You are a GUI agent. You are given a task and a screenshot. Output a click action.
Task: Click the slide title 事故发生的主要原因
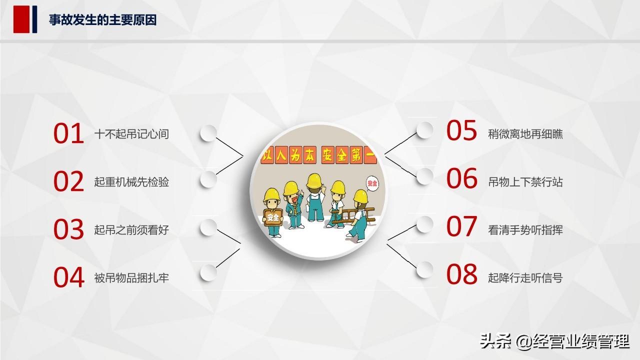coord(102,20)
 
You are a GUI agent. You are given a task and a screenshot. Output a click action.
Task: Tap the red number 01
coord(68,133)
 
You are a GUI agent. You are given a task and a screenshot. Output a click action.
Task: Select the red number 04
coord(68,277)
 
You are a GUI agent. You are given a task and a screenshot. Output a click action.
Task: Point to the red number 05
coord(461,130)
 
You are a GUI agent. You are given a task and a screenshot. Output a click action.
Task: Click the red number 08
coord(461,274)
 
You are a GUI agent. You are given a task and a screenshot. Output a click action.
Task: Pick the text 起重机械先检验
coord(131,182)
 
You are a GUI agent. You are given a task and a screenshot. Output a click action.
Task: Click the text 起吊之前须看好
coord(131,230)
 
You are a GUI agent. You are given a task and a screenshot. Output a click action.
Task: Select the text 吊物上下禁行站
coord(525,182)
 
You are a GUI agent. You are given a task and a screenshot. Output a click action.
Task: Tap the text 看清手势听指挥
coord(525,230)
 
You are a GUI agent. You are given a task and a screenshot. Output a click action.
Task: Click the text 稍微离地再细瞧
coord(525,134)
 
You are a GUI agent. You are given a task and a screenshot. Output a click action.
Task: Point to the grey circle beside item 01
coord(208,133)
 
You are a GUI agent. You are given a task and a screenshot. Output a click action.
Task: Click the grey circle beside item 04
coord(208,272)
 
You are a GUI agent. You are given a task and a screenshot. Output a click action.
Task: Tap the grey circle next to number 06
coord(424,176)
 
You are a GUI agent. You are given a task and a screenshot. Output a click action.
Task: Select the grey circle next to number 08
coord(424,269)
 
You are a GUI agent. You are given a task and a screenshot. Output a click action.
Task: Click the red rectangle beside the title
coord(21,19)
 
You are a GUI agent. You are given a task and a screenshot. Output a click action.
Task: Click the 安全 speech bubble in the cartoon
coord(372,183)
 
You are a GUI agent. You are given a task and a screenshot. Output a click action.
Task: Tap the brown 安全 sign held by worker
coord(273,217)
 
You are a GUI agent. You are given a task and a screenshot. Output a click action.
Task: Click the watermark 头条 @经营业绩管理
coord(554,341)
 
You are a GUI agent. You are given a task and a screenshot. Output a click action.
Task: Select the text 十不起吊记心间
coord(131,134)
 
